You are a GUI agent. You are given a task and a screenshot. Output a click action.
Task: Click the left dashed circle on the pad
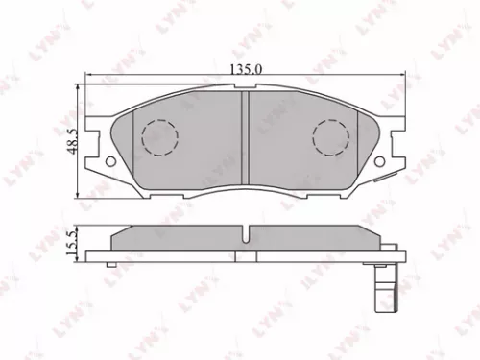[x=159, y=136]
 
